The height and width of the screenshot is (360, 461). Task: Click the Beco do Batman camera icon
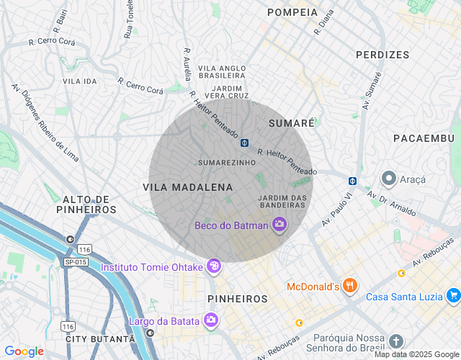coord(279,225)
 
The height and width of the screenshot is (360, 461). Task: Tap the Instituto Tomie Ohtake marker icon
coord(213,267)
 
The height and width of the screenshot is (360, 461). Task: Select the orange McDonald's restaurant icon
coord(349,286)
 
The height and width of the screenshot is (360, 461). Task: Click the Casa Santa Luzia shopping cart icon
coord(453,296)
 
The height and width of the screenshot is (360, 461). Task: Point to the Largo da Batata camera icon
coord(210,320)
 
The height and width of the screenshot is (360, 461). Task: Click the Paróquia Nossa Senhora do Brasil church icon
coord(395,341)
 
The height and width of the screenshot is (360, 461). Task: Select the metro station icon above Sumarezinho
coord(245,142)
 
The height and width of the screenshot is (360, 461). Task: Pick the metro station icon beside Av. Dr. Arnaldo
coord(353,181)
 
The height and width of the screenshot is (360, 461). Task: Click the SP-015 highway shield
coord(75,261)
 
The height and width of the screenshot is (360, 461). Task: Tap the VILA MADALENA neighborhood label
coord(188,187)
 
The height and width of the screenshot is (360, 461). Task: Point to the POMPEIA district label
coord(292,12)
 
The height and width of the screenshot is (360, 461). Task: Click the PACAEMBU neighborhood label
coord(424,138)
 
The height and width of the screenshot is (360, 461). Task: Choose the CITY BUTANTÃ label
coord(100,338)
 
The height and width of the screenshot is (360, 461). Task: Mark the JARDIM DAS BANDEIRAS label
coord(282,202)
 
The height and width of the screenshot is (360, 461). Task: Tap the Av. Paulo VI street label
coord(338,210)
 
